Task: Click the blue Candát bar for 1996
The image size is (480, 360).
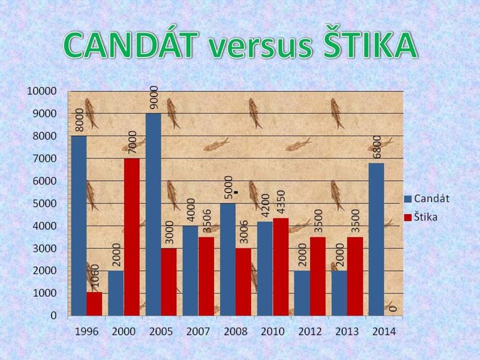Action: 79,226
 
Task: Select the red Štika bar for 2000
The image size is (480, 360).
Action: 132,237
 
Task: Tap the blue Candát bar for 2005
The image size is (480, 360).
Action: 154,214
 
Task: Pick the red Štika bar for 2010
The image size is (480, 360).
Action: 280,267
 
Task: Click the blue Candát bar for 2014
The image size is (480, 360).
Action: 376,239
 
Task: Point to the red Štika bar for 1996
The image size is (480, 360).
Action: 95,304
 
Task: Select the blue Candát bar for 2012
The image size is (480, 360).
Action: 302,293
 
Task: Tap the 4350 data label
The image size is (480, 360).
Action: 281,202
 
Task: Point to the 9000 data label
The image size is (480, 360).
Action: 154,97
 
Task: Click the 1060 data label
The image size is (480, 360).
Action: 95,276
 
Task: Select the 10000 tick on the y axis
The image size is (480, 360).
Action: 43,91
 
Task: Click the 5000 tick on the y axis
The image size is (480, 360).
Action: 45,203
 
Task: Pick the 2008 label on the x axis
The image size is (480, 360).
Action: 236,331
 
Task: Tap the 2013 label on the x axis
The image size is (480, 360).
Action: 348,331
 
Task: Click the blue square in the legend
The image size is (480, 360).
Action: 408,199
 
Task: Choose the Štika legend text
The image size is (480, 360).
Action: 426,217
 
